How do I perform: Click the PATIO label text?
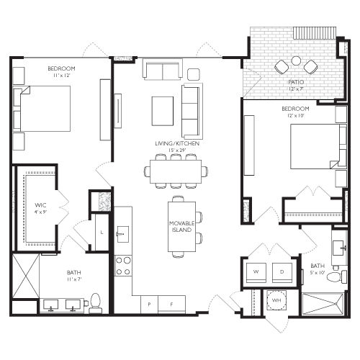click(296, 83)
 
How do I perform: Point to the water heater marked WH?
click(276, 300)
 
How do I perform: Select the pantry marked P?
click(149, 304)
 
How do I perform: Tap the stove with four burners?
click(123, 266)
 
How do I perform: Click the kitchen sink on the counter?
click(123, 233)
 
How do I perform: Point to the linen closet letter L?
click(102, 233)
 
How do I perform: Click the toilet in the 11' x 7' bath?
click(94, 303)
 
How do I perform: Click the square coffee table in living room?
click(162, 111)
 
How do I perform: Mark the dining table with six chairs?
click(176, 171)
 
